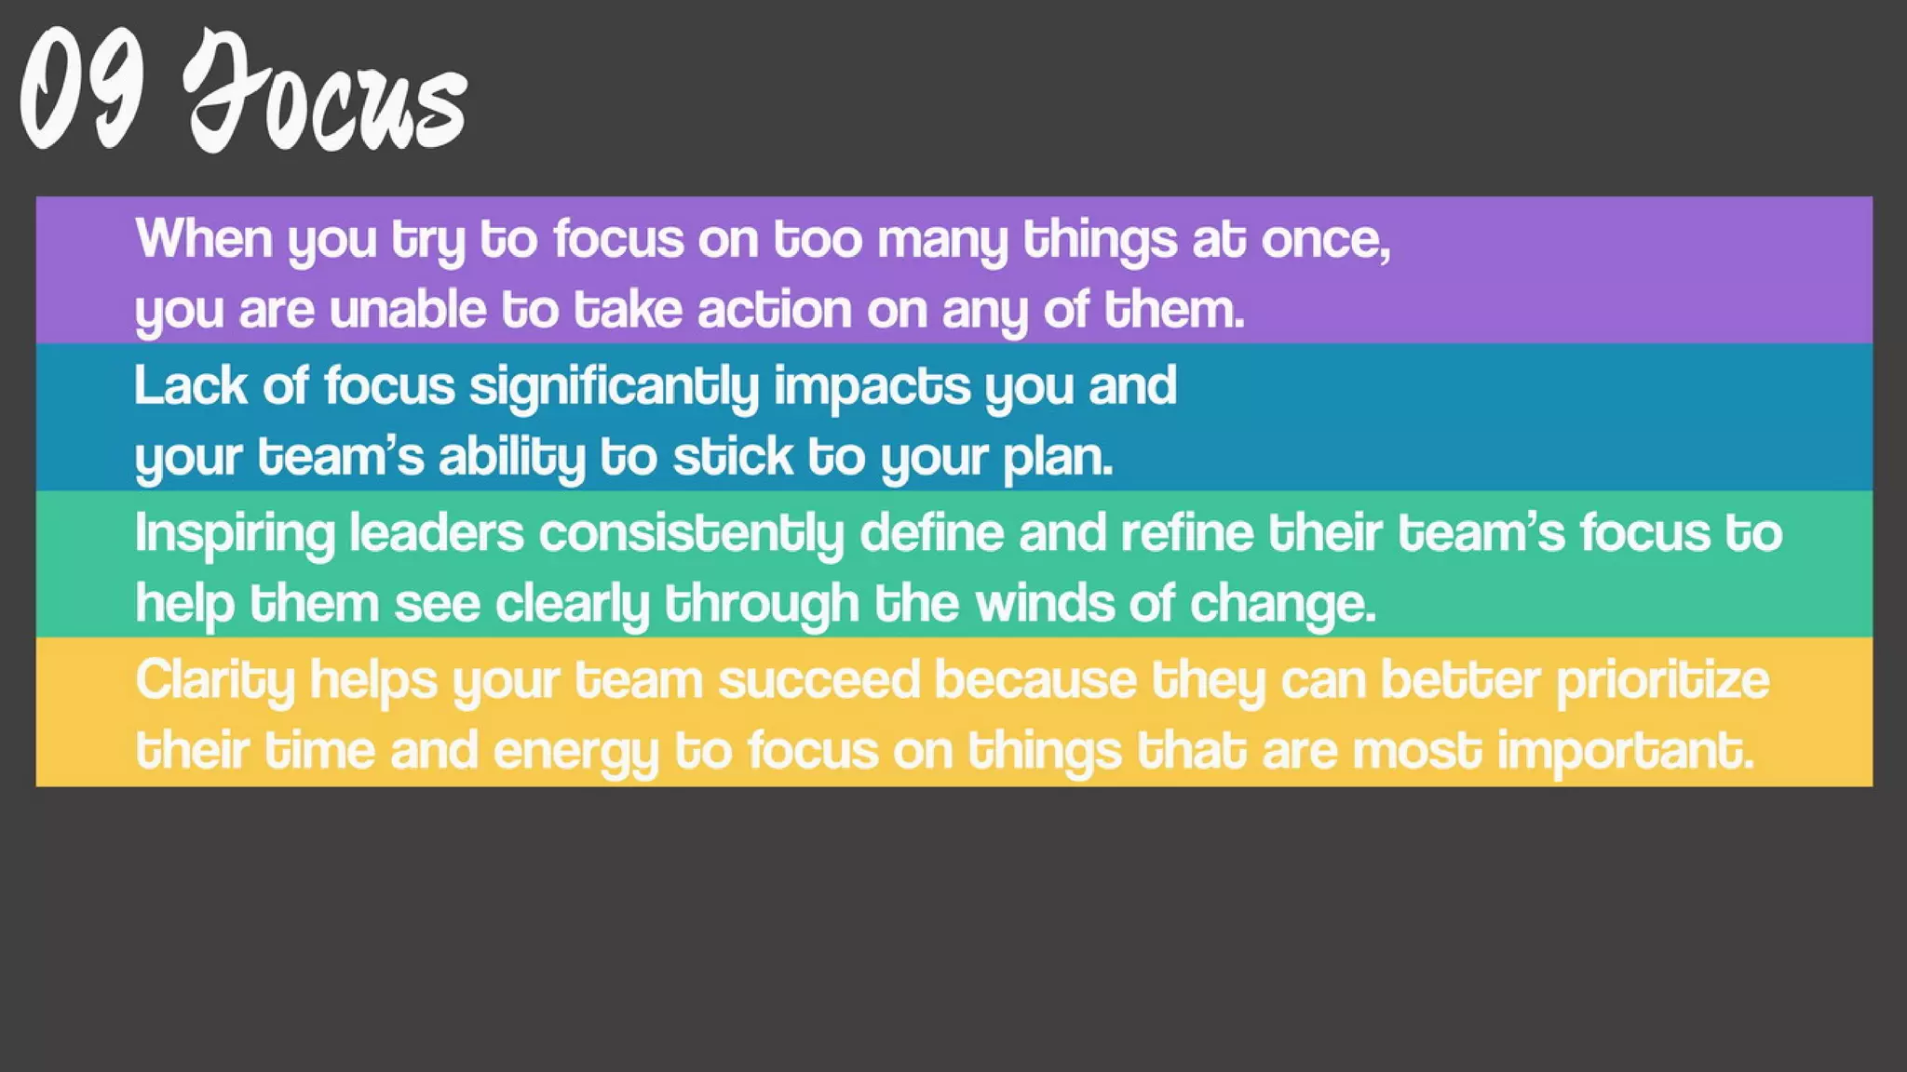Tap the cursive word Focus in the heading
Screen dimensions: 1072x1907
click(326, 93)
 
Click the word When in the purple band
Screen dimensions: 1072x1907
click(204, 238)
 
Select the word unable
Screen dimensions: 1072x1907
click(408, 309)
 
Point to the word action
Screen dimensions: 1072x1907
click(775, 309)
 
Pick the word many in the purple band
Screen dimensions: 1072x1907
click(942, 240)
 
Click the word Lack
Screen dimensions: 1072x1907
click(190, 385)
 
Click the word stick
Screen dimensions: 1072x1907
click(732, 457)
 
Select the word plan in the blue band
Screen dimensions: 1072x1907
click(1057, 458)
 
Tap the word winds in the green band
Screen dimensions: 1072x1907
click(1045, 603)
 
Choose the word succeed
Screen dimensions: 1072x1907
click(818, 679)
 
